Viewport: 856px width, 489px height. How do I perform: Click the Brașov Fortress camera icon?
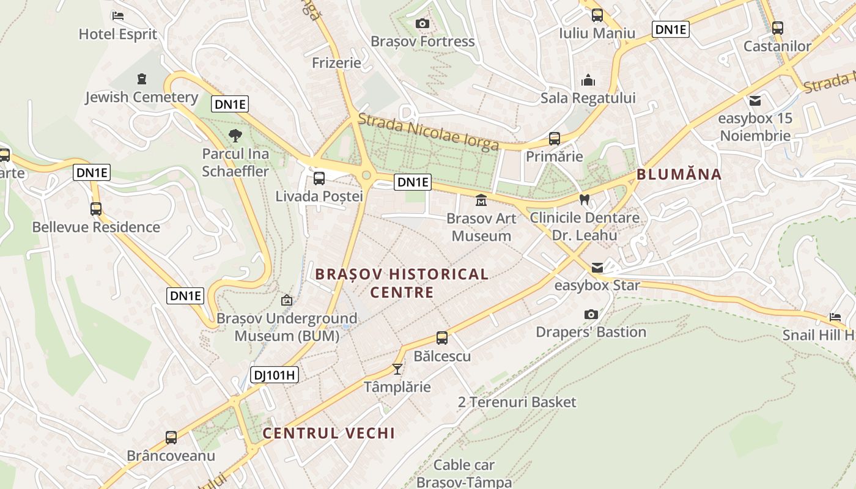(422, 24)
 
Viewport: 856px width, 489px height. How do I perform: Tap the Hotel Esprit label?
(118, 34)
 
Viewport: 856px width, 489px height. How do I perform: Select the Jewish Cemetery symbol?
(142, 78)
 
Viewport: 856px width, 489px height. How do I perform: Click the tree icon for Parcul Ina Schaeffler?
(235, 136)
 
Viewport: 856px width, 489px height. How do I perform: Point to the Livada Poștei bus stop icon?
(319, 178)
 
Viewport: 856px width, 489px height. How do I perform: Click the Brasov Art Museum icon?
(481, 200)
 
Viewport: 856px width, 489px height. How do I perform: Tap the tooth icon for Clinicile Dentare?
(584, 199)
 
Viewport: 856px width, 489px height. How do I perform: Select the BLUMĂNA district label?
(679, 174)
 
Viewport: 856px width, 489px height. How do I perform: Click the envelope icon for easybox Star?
(597, 268)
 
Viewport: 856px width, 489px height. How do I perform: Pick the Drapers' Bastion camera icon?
(591, 314)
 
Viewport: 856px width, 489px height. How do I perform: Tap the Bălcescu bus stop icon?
(441, 337)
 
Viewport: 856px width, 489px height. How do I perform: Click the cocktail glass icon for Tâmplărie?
(397, 369)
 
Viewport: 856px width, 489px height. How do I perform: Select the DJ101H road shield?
(275, 375)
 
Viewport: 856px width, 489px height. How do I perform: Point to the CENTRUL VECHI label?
(328, 433)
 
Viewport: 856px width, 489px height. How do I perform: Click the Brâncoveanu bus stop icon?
(171, 438)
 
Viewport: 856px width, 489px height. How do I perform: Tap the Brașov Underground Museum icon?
(286, 300)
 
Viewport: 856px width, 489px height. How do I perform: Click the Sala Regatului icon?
(588, 80)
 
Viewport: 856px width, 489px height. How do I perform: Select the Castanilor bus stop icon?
(777, 28)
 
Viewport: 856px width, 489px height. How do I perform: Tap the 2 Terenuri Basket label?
(517, 402)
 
